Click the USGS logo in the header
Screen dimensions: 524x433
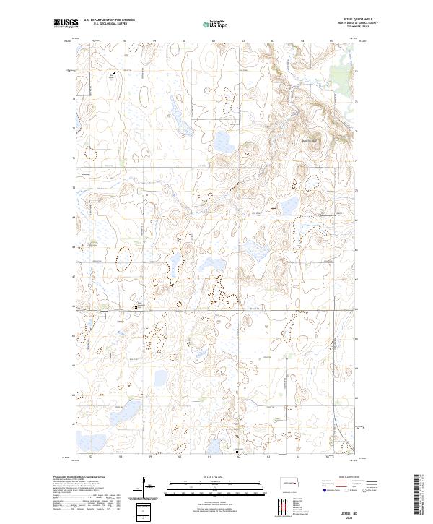(x=66, y=23)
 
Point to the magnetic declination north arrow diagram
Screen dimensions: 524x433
(x=147, y=485)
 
